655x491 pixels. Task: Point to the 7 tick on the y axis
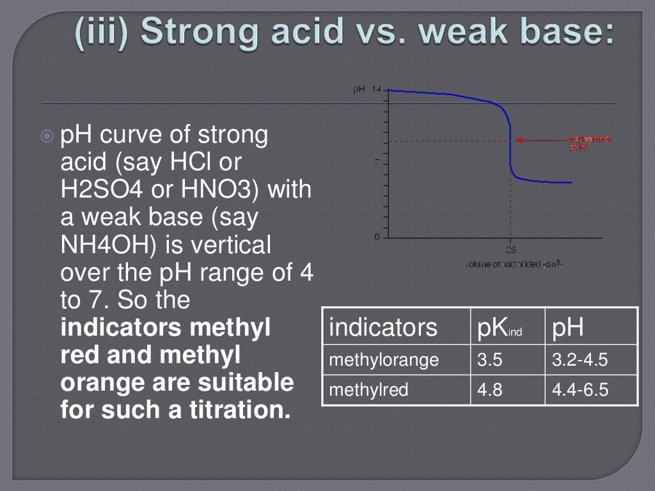coord(376,163)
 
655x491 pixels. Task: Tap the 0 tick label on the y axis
coord(377,237)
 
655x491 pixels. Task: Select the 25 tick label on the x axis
coord(511,249)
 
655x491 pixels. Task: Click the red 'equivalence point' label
coord(590,143)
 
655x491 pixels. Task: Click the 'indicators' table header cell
coord(383,327)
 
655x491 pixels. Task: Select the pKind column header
coord(500,327)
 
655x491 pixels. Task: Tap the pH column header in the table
coord(567,327)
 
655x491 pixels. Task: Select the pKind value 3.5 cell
coord(490,361)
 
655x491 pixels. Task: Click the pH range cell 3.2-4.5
coord(580,361)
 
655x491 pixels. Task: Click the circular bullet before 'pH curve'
coord(46,136)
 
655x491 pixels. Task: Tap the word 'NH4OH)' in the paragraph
coord(105,245)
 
